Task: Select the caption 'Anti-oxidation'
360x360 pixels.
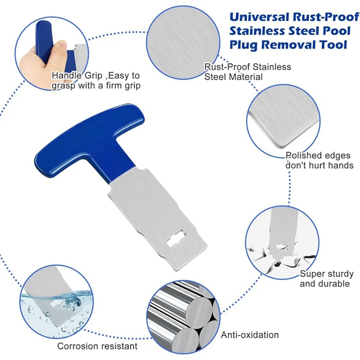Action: pyautogui.click(x=250, y=335)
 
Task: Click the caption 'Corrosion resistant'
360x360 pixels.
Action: pyautogui.click(x=97, y=346)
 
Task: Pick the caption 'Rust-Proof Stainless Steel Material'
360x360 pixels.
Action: pyautogui.click(x=247, y=72)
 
